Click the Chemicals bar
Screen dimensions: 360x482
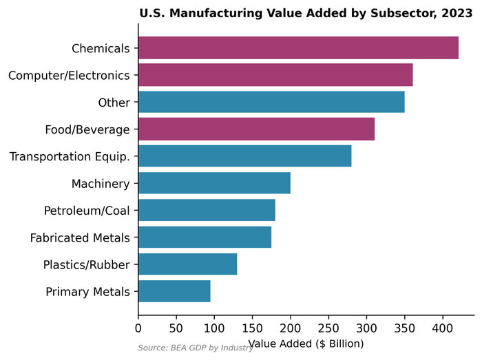point(298,48)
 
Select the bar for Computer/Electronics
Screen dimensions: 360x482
point(275,75)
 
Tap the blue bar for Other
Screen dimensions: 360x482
point(271,102)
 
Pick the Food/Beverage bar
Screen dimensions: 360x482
point(256,129)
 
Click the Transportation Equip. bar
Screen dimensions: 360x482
point(244,156)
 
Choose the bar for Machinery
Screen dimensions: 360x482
point(214,183)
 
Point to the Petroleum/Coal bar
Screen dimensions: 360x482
point(207,210)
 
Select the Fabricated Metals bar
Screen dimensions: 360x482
point(205,237)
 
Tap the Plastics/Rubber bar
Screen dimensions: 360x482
point(187,264)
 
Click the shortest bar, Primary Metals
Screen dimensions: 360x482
point(174,291)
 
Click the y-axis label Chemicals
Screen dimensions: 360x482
point(101,48)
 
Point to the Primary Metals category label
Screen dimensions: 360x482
point(87,291)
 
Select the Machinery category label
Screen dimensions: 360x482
point(101,183)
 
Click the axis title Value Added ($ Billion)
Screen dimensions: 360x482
point(306,343)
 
